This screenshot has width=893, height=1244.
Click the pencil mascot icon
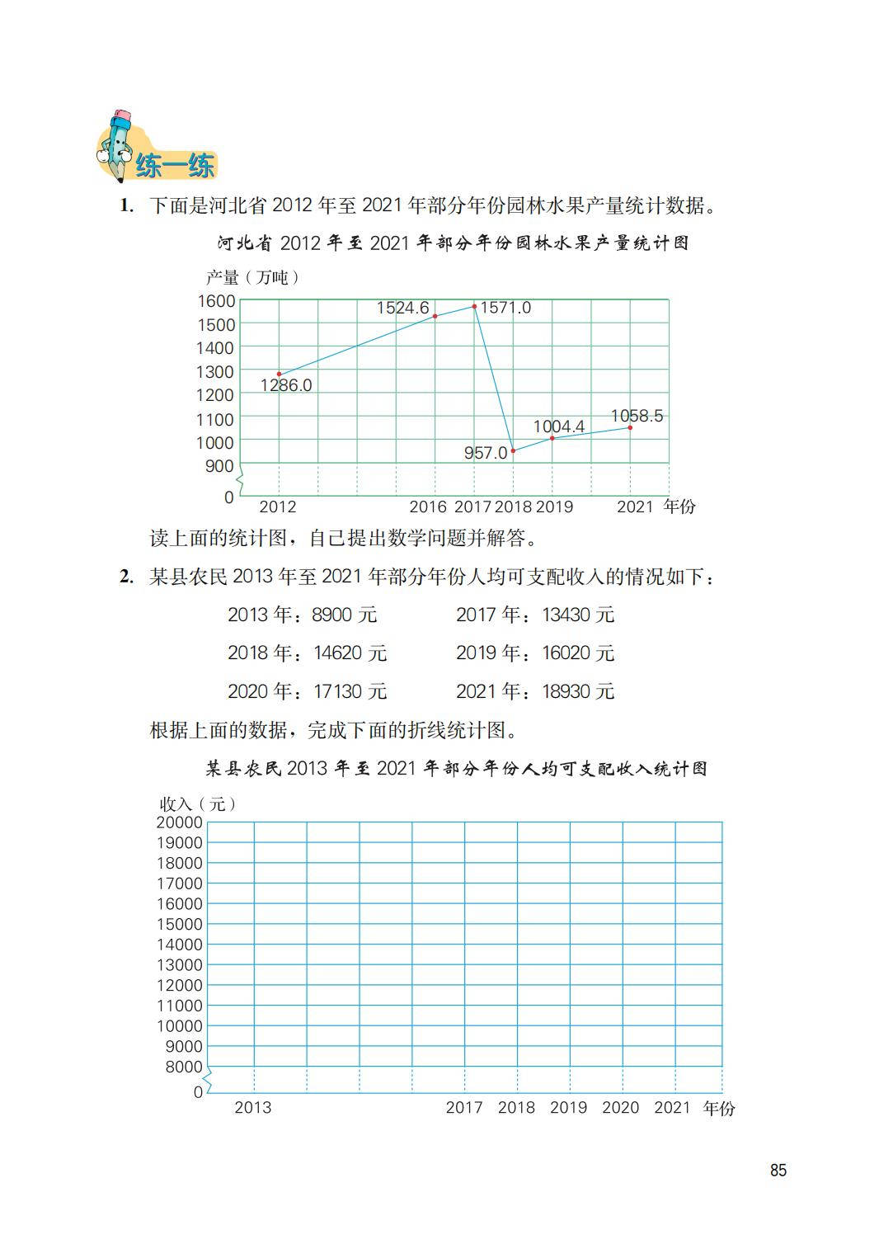click(118, 144)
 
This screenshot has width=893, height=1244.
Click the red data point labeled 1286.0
click(279, 375)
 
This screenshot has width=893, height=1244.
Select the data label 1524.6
click(402, 308)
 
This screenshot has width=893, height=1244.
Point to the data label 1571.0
click(505, 308)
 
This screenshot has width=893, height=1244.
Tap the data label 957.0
click(485, 453)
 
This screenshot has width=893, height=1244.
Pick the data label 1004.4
click(558, 426)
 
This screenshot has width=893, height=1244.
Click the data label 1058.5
click(637, 416)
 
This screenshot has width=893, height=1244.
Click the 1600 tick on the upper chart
click(216, 301)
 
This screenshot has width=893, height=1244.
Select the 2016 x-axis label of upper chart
click(427, 507)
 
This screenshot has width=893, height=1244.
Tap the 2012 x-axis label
click(277, 507)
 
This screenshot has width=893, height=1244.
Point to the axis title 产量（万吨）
click(252, 277)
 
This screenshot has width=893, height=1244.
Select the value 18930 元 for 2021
click(578, 691)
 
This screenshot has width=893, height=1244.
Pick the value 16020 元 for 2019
click(578, 653)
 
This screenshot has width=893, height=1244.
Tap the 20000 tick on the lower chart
click(179, 822)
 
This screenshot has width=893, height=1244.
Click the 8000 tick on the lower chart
click(184, 1067)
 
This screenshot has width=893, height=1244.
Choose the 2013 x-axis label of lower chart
click(252, 1107)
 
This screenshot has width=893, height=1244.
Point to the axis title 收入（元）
click(198, 803)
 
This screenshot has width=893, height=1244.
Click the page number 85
click(778, 1171)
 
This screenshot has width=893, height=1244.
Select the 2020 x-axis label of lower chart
click(620, 1107)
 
